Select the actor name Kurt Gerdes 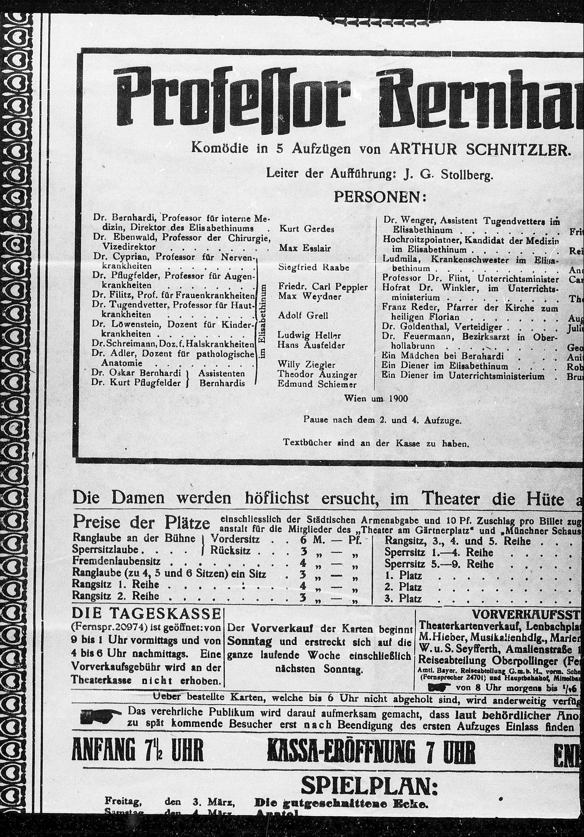point(307,229)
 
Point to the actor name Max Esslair point(305,248)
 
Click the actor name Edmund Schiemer point(317,384)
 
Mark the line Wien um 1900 point(376,398)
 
